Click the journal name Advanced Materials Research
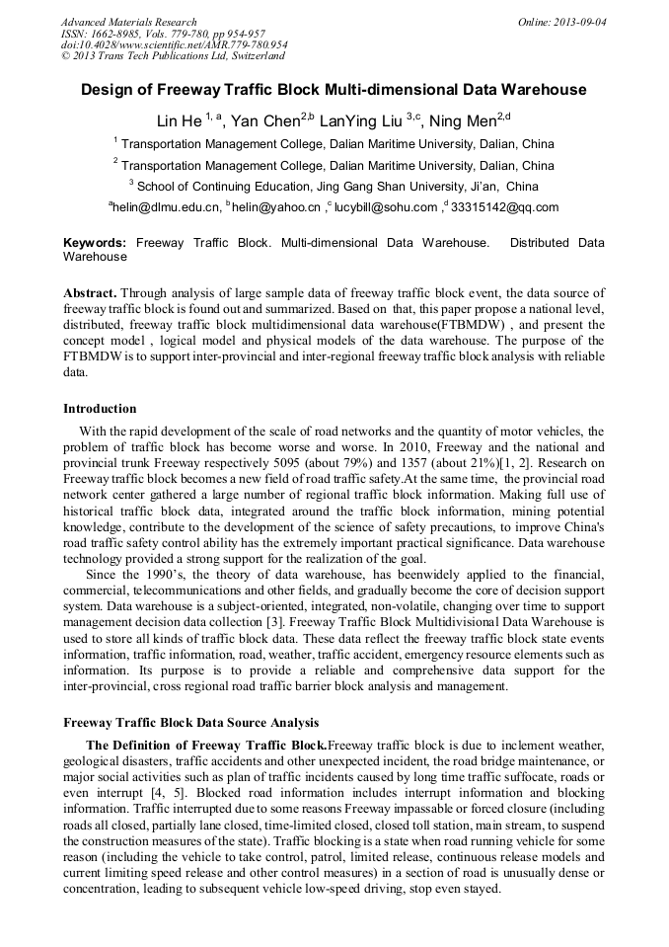[129, 22]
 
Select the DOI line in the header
[175, 44]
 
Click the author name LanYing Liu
[357, 121]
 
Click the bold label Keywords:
[95, 242]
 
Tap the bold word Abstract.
[90, 293]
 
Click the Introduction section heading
[100, 408]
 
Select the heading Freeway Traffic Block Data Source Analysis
[190, 723]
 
